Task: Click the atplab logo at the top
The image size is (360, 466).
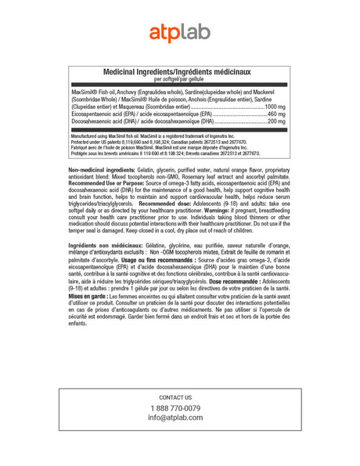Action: click(x=179, y=33)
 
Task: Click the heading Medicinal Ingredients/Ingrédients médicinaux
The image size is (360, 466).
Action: click(x=179, y=72)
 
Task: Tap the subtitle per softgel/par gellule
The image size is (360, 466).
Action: click(x=179, y=79)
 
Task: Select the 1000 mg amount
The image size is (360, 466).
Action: click(x=276, y=106)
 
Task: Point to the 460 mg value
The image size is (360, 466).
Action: click(x=278, y=114)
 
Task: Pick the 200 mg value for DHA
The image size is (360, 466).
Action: click(x=278, y=122)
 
